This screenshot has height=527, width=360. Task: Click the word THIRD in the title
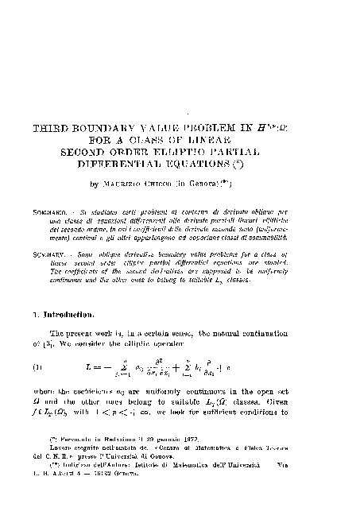click(x=53, y=127)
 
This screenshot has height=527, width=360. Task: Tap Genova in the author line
click(x=234, y=184)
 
